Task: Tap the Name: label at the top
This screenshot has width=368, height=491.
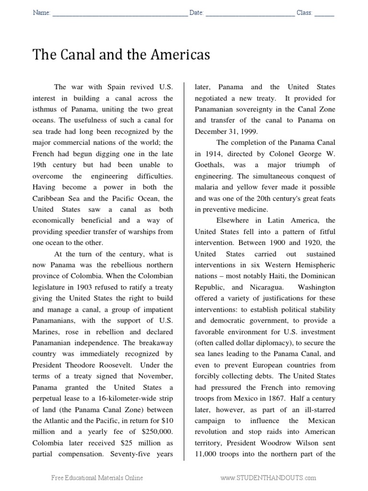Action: coord(41,13)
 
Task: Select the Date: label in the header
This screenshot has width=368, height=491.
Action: coord(196,13)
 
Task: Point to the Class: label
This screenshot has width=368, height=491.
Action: coord(304,13)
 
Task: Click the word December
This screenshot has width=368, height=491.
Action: coord(210,131)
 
